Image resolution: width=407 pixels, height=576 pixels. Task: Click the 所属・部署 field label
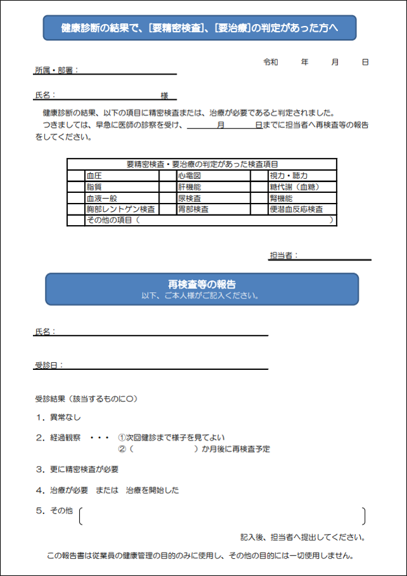tap(56, 70)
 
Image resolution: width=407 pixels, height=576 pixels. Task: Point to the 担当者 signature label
tap(284, 255)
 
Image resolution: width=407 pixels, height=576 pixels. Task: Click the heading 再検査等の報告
tap(202, 284)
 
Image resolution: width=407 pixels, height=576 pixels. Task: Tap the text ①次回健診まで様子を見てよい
tap(172, 438)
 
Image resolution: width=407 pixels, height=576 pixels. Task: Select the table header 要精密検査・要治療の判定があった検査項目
tap(202, 164)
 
